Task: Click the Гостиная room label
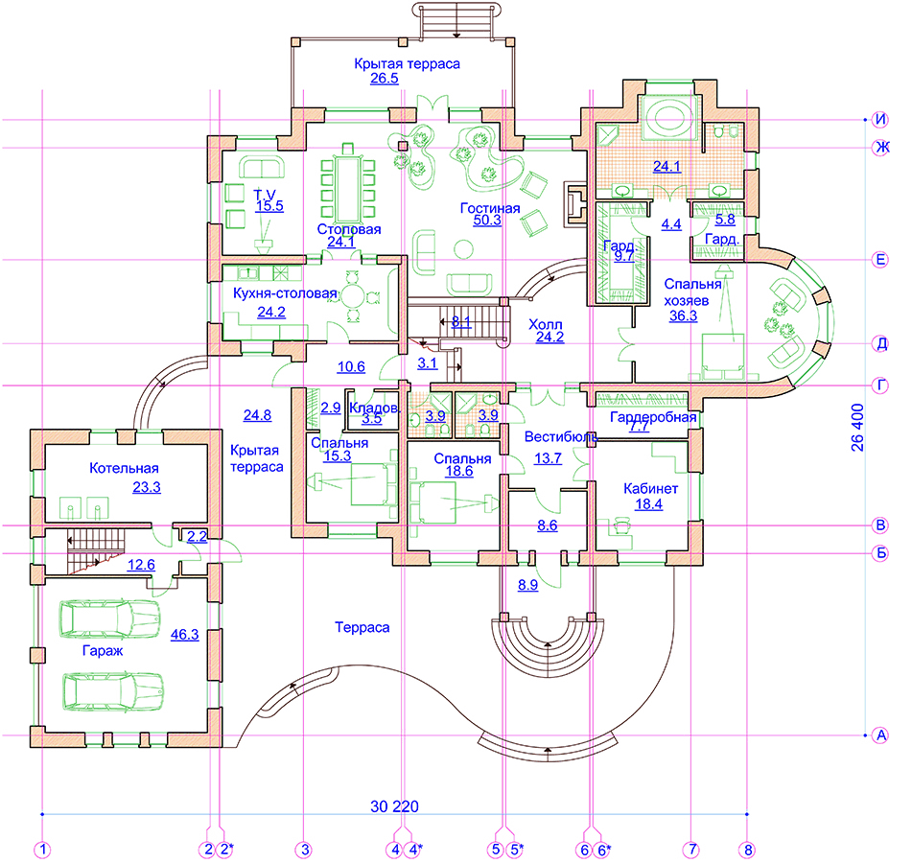point(490,208)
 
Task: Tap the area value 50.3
point(487,220)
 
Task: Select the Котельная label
point(124,468)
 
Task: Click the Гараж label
point(103,651)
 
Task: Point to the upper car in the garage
point(110,619)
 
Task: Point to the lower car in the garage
point(113,692)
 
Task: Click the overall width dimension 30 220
point(394,806)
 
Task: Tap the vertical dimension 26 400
point(857,428)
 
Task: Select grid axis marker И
point(880,120)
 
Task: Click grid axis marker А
point(880,735)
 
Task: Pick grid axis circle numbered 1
point(42,850)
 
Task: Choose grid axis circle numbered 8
point(748,850)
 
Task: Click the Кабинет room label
point(650,488)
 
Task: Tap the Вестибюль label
point(561,436)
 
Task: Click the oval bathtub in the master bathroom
point(667,119)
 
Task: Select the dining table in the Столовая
point(348,187)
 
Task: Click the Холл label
point(545,324)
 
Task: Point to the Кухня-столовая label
point(285,293)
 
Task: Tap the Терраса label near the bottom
point(362,627)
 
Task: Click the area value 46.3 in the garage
point(184,635)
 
